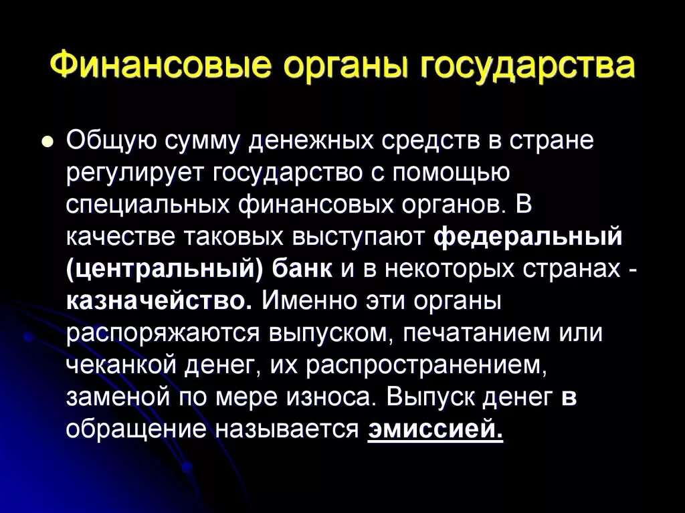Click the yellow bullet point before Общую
point(47,142)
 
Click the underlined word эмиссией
point(435,429)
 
